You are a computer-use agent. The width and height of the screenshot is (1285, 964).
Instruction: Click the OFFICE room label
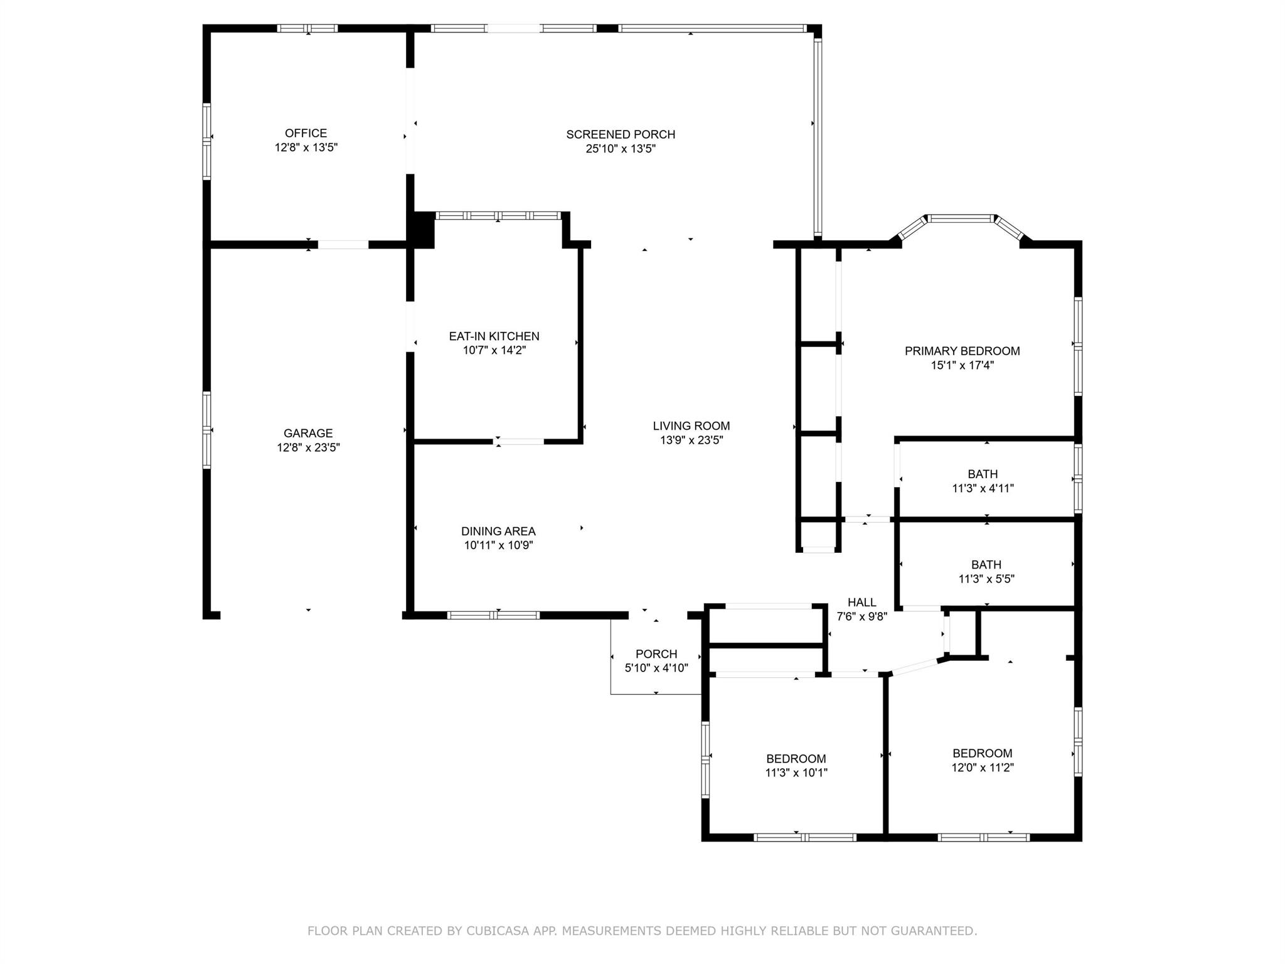point(306,133)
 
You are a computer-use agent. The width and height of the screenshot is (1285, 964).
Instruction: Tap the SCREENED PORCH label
point(620,134)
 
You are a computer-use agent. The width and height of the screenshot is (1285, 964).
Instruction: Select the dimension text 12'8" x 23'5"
point(308,447)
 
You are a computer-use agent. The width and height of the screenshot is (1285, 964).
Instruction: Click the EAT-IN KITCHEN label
point(494,336)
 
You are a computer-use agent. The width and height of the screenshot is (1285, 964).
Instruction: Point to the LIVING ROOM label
point(691,426)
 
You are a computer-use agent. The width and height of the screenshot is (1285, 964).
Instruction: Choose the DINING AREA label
point(498,532)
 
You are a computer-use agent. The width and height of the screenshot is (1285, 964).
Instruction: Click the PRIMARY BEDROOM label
point(962,351)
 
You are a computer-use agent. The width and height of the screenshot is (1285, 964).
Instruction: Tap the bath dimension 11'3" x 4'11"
point(983,488)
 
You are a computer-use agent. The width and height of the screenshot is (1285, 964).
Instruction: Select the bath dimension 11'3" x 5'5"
point(986,579)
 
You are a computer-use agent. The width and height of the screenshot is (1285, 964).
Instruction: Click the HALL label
point(861,602)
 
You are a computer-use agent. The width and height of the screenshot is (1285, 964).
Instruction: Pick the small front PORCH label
point(656,654)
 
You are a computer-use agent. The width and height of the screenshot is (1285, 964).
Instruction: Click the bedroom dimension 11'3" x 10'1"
point(796,773)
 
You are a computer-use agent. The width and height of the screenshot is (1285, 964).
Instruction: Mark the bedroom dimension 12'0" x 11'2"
point(982,768)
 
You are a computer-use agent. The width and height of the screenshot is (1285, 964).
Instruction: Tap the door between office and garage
point(343,245)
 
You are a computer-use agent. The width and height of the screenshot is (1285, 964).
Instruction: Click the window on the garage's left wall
point(206,430)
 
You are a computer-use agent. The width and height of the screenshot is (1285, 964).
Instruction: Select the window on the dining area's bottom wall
point(493,615)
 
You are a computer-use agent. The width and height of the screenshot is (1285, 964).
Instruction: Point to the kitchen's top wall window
point(498,215)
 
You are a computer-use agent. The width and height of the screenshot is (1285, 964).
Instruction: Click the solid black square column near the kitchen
point(422,230)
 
